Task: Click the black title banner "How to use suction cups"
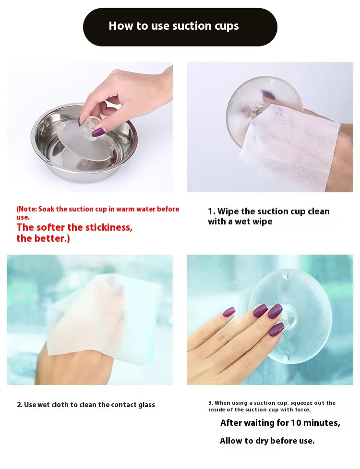pyautogui.click(x=180, y=27)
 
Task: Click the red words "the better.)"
pyautogui.click(x=43, y=239)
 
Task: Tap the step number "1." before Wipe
pyautogui.click(x=212, y=211)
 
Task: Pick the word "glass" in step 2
pyautogui.click(x=146, y=405)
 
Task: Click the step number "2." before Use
pyautogui.click(x=20, y=405)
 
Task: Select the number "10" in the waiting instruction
pyautogui.click(x=296, y=423)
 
